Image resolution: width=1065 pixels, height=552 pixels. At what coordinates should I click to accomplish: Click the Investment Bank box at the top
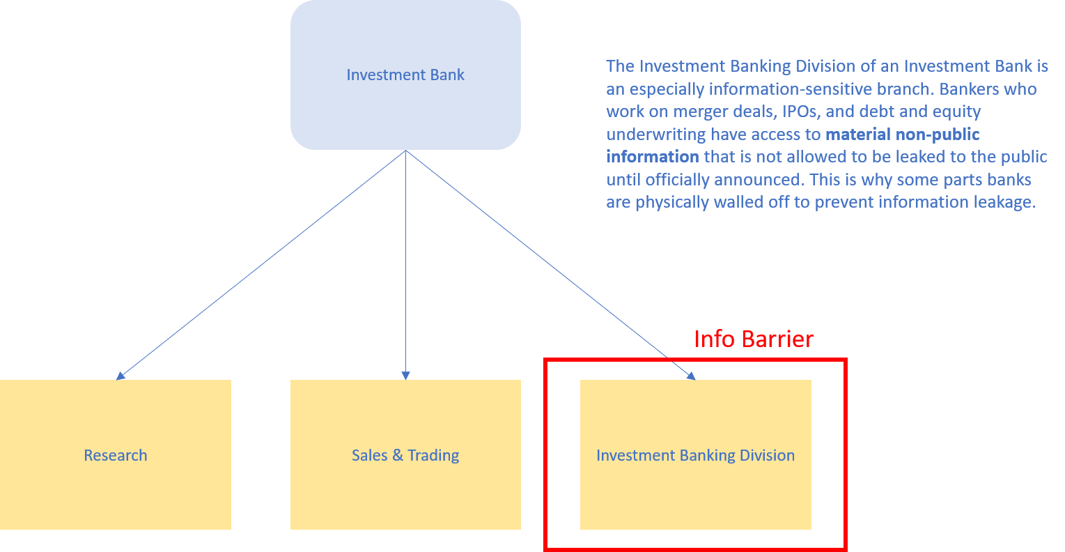click(405, 75)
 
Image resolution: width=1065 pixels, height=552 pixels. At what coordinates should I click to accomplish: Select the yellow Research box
click(116, 454)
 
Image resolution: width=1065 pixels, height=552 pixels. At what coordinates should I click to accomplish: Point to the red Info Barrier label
click(754, 339)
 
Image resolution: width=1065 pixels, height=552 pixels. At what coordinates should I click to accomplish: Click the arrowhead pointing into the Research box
click(120, 376)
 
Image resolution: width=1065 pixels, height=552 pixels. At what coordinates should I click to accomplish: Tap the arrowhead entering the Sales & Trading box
click(405, 376)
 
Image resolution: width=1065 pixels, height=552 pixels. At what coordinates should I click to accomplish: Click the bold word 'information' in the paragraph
click(653, 157)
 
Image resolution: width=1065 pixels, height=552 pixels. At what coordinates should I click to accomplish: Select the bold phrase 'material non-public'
click(903, 134)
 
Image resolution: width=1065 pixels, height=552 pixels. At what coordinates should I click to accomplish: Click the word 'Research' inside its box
click(116, 455)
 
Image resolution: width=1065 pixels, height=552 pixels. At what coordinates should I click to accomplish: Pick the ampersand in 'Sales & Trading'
click(398, 455)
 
